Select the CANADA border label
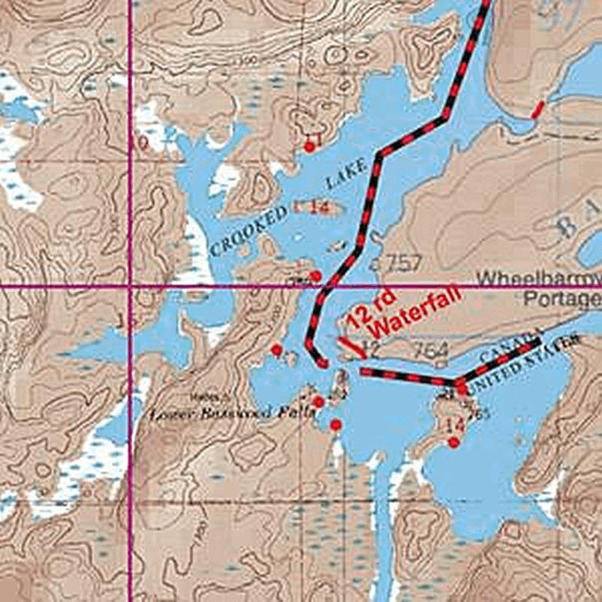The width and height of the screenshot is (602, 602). (515, 342)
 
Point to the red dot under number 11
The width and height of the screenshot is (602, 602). (309, 147)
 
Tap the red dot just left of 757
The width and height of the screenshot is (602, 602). (316, 275)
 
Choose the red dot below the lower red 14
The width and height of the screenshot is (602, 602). (453, 443)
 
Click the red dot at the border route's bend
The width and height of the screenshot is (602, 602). (462, 388)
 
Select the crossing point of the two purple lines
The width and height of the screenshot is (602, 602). (131, 286)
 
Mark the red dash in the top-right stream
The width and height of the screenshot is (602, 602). (537, 110)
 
